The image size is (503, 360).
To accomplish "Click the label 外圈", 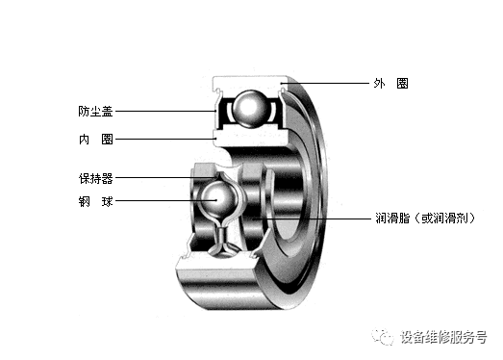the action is pos(390,84).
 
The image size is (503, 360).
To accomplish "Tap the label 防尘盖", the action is pos(95,112).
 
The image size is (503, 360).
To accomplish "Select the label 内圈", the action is pos(96,140).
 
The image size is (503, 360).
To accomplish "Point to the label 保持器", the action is pos(96,178).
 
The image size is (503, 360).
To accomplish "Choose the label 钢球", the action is pos(96,202).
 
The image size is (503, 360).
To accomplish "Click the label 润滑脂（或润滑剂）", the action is pos(425,219).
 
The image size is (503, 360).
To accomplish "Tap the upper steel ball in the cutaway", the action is pos(250,109).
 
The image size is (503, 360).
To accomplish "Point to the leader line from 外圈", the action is pos(326,84).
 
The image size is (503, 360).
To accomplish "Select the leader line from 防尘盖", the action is pos(165,112).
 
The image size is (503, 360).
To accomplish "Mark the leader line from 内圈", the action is pos(165,139).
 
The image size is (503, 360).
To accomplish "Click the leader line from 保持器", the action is pos(166,177).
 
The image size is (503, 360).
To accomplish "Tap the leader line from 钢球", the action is pos(166,201).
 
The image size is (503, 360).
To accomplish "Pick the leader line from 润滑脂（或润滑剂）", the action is pos(312,219).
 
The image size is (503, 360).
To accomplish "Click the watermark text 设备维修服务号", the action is pos(443,337).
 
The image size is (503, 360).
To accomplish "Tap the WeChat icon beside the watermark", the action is pos(382,337).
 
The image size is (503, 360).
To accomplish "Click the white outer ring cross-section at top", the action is pos(250,84).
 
